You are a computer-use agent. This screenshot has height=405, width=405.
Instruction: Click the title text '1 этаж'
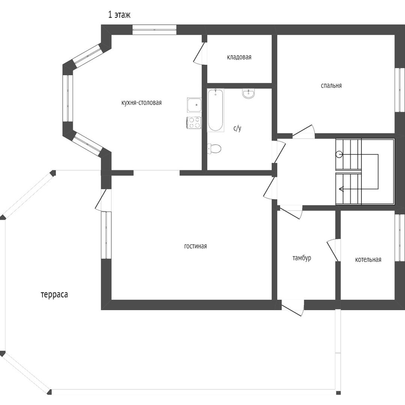click(119, 15)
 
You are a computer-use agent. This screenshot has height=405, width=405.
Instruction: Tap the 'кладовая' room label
click(239, 57)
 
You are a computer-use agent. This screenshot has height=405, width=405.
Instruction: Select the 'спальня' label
click(331, 85)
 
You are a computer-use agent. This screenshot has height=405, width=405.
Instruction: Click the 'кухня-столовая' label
click(141, 103)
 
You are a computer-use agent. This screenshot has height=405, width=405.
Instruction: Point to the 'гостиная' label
click(195, 246)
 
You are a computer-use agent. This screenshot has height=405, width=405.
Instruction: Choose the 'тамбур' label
click(301, 258)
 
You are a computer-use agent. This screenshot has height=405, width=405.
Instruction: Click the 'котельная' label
click(368, 259)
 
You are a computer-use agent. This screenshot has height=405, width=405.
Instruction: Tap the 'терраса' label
click(54, 295)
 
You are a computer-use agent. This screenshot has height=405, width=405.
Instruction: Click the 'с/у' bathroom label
click(237, 128)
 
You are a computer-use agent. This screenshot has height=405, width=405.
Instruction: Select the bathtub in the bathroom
click(215, 110)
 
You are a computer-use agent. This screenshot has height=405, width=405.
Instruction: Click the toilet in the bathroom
click(214, 149)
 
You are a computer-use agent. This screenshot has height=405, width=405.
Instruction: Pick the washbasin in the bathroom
click(249, 94)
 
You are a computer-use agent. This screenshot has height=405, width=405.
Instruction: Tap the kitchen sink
click(195, 105)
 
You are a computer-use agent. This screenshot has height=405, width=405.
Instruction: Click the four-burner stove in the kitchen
click(194, 123)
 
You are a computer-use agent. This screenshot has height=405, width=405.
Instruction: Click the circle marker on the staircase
click(339, 155)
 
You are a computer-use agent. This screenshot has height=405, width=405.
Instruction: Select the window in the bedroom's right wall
click(400, 90)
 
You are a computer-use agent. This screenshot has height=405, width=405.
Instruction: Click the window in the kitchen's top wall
click(154, 30)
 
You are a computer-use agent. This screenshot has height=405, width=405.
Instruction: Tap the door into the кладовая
click(199, 53)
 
